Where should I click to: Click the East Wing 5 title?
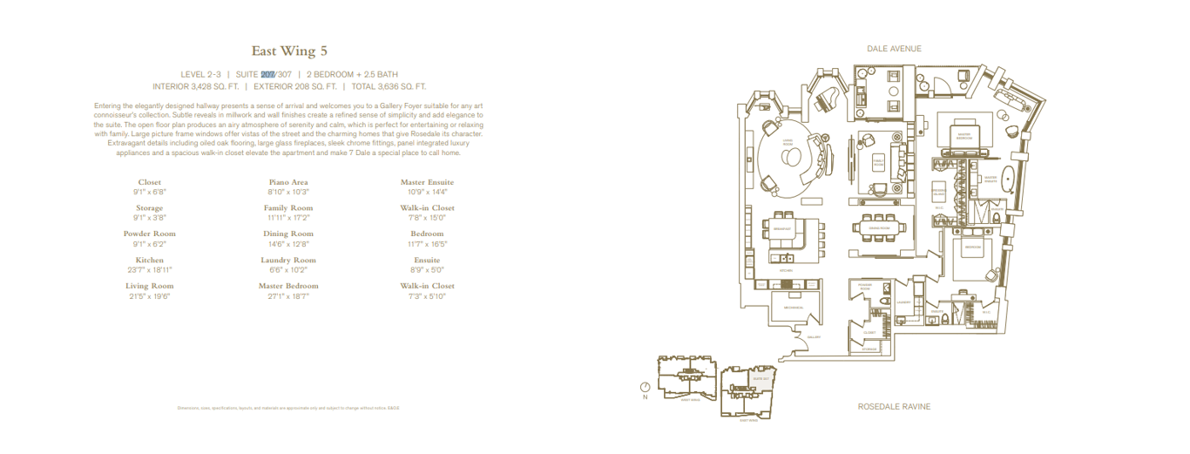(289, 51)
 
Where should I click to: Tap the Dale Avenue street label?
(893, 49)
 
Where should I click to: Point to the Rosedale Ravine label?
(894, 407)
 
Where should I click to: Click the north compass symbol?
(645, 388)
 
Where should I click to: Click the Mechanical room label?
(793, 308)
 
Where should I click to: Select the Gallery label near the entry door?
(815, 336)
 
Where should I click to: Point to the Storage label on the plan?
(869, 349)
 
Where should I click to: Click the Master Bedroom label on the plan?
(963, 136)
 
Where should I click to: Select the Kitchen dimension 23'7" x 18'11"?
(150, 269)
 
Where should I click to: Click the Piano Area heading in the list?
(288, 182)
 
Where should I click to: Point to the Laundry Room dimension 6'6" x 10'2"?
(288, 269)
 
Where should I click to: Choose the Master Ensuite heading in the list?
(427, 182)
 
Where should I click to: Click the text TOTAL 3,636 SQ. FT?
(389, 86)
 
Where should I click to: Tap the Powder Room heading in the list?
(150, 234)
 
